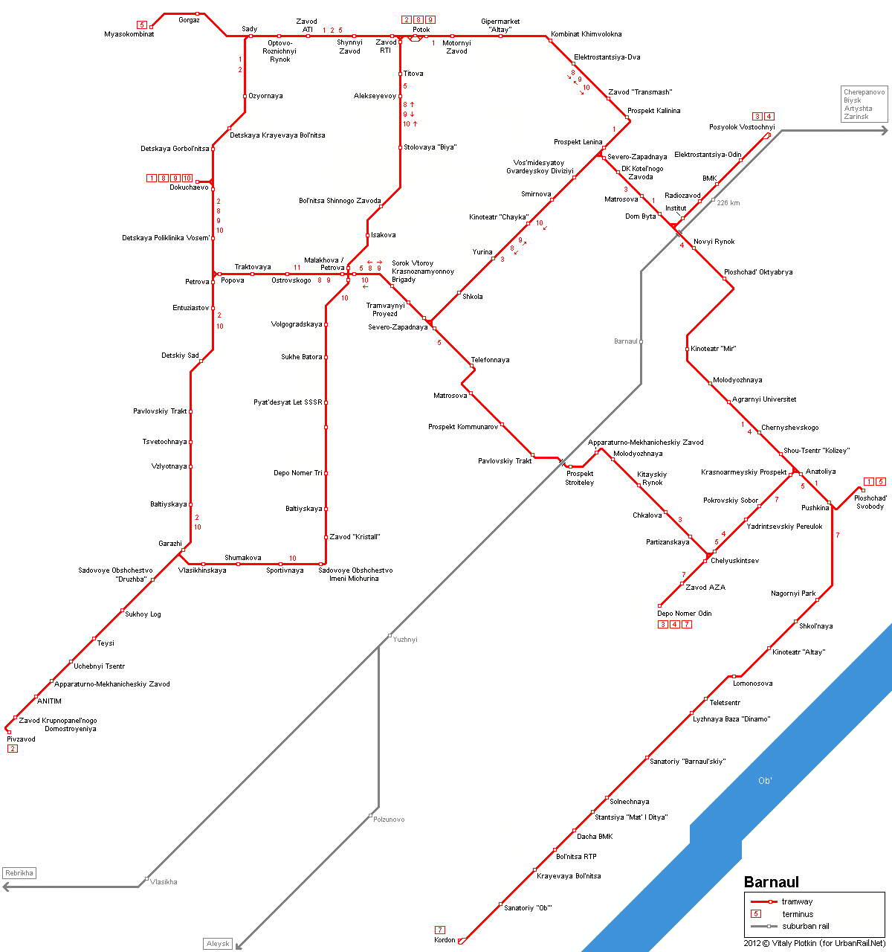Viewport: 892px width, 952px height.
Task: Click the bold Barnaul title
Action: tap(771, 882)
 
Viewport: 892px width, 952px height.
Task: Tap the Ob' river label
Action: tap(765, 780)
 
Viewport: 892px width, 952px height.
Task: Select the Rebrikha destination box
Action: tap(19, 873)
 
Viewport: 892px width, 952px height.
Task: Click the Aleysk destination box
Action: tap(218, 944)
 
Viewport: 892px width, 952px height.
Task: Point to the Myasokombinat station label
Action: tap(129, 34)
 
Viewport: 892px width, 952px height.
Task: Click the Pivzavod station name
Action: tap(22, 739)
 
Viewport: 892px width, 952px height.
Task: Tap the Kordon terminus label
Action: tap(445, 940)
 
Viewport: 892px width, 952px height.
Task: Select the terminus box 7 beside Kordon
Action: tap(440, 930)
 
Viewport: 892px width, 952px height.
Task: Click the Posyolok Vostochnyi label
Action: tap(741, 127)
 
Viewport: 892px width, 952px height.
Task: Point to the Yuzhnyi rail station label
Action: tap(405, 640)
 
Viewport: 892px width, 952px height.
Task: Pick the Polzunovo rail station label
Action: tap(389, 820)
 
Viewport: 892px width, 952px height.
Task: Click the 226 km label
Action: tap(728, 203)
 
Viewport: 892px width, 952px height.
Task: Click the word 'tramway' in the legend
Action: tap(797, 901)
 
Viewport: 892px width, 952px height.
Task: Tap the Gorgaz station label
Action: tap(189, 20)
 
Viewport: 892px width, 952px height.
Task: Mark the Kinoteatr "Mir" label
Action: tap(713, 349)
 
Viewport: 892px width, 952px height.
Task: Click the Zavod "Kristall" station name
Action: tap(355, 537)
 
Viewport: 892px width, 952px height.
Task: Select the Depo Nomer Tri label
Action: tap(298, 473)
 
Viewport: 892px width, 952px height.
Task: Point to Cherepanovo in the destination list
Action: tap(864, 92)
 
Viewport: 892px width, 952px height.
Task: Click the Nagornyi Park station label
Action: tap(793, 594)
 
